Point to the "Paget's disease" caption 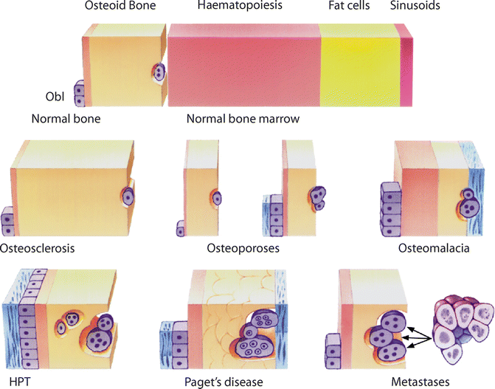224,382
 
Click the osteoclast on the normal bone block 159,72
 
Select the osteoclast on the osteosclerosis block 128,197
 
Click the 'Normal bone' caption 66,118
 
